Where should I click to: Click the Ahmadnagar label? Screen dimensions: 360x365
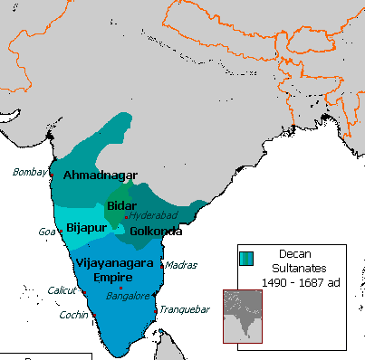point(101,175)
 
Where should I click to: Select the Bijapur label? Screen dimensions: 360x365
point(87,229)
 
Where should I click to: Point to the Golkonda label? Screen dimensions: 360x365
point(156,232)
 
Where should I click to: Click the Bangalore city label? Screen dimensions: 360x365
point(129,295)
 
